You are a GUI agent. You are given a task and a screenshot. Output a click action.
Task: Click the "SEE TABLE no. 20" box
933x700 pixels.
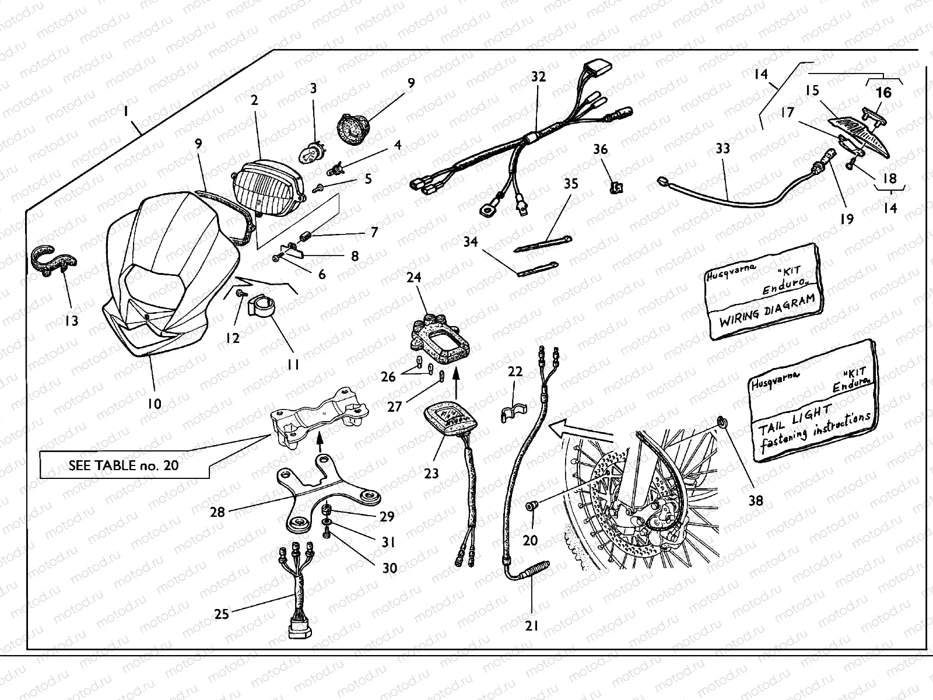(124, 466)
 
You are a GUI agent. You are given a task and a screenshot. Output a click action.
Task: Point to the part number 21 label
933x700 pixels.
(531, 626)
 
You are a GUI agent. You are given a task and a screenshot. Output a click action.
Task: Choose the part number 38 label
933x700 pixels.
(756, 500)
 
